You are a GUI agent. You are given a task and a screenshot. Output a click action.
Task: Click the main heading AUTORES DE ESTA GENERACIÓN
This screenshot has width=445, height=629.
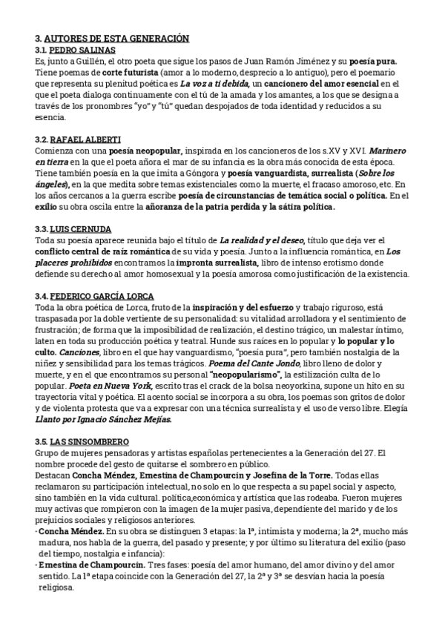pyautogui.click(x=117, y=38)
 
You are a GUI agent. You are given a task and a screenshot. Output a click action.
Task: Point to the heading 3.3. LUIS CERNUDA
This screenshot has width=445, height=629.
pyautogui.click(x=75, y=229)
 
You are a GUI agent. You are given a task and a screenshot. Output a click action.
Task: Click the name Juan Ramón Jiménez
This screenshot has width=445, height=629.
pyautogui.click(x=300, y=62)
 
